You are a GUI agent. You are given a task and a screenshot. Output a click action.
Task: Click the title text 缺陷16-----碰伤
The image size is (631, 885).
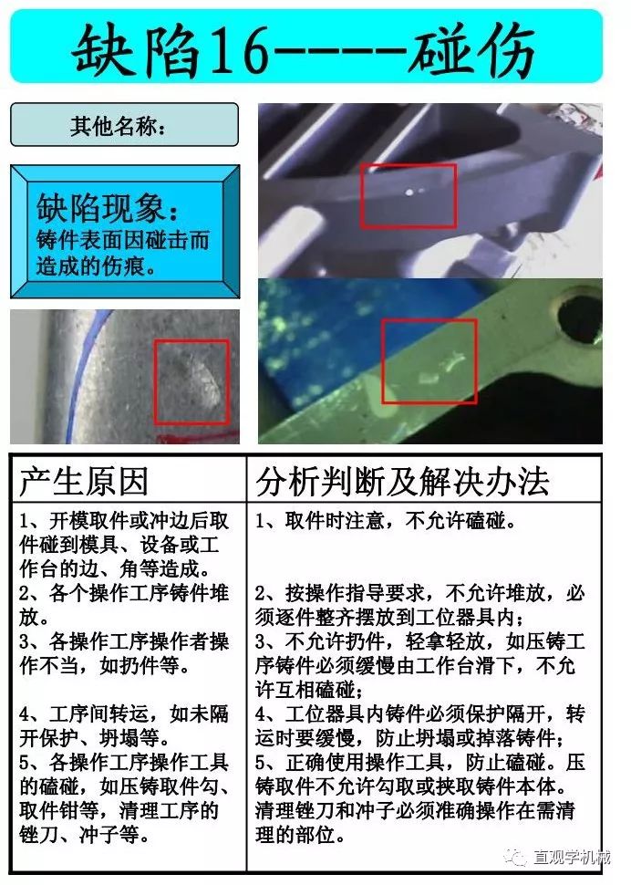pyautogui.click(x=303, y=49)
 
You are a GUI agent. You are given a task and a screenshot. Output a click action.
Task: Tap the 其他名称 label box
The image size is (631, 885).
pyautogui.click(x=125, y=125)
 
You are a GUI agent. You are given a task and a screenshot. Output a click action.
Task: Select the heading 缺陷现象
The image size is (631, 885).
pyautogui.click(x=107, y=207)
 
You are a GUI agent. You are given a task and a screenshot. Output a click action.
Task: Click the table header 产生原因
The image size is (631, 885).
pyautogui.click(x=84, y=481)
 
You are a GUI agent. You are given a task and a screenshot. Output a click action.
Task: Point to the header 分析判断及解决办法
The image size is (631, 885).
pyautogui.click(x=402, y=481)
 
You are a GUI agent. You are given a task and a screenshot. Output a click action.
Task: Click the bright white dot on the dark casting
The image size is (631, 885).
pyautogui.click(x=409, y=193)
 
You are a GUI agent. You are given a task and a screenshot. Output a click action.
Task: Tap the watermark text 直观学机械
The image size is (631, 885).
pyautogui.click(x=572, y=858)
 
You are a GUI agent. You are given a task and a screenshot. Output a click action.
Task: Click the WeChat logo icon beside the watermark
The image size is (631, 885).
pyautogui.click(x=516, y=858)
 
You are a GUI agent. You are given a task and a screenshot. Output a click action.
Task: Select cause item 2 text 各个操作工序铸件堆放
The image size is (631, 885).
pyautogui.click(x=124, y=605)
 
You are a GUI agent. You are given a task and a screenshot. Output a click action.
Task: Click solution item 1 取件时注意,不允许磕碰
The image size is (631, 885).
pyautogui.click(x=385, y=520)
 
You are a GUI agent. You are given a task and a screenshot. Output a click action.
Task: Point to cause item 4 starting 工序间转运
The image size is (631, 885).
pyautogui.click(x=124, y=725)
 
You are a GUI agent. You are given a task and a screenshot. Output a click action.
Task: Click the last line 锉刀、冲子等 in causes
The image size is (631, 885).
pyautogui.click(x=85, y=834)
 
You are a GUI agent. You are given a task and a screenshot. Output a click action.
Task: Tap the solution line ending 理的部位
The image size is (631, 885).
pyautogui.click(x=300, y=834)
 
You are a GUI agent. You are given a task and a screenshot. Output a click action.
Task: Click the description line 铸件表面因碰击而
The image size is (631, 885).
pyautogui.click(x=123, y=240)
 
